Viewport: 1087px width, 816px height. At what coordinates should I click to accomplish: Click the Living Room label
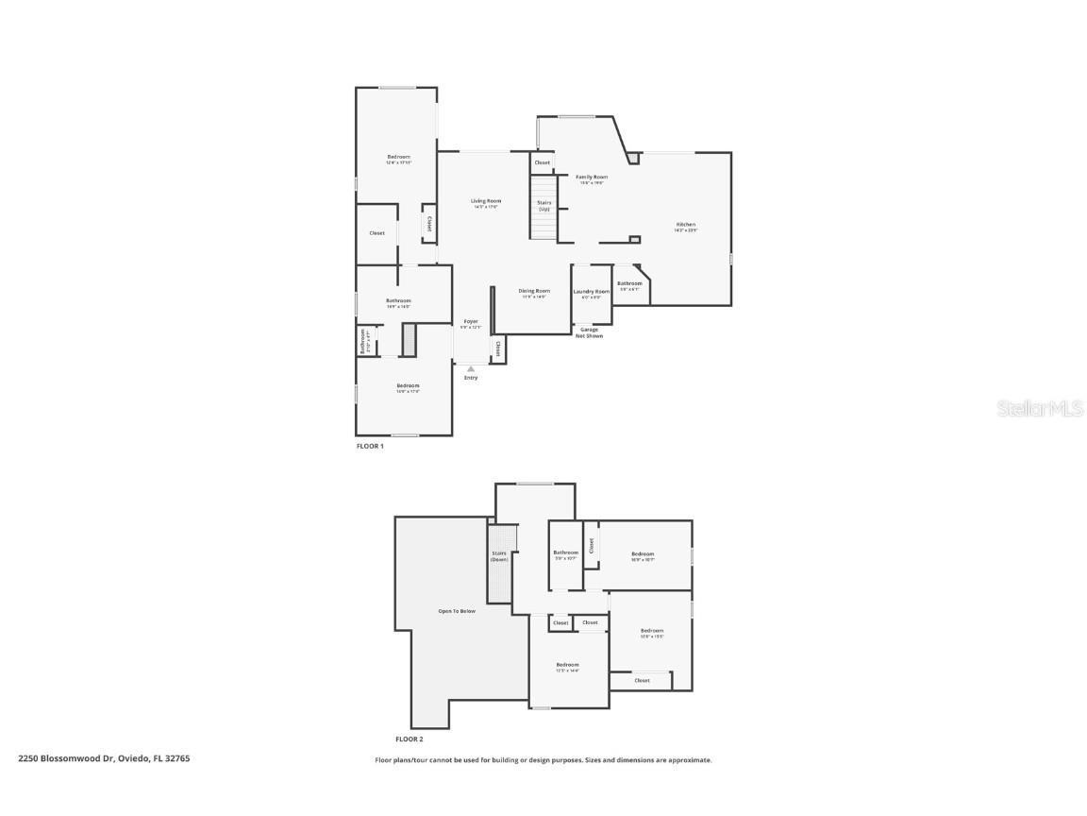(x=486, y=202)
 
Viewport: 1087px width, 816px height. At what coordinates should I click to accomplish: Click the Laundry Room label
(x=592, y=293)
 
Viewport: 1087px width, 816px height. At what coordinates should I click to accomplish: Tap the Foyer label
(x=470, y=323)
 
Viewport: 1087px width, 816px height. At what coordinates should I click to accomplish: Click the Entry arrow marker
(x=471, y=368)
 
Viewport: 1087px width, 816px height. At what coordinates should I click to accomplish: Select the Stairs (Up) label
(x=544, y=205)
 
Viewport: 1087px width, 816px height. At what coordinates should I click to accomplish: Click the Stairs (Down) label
(x=499, y=556)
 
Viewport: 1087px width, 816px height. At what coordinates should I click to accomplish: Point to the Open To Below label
(x=457, y=611)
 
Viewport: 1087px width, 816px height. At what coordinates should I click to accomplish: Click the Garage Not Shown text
(x=590, y=332)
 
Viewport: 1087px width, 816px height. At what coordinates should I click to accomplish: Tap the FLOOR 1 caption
(x=370, y=446)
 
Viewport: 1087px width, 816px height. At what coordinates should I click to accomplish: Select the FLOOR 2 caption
(x=410, y=739)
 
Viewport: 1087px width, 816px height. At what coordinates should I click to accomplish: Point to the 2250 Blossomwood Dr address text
(x=104, y=757)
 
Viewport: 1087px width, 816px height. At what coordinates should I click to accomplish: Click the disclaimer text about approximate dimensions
(x=543, y=759)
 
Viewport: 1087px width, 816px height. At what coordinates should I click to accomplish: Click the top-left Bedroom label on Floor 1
(x=398, y=159)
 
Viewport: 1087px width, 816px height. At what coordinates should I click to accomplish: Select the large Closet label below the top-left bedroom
(x=376, y=233)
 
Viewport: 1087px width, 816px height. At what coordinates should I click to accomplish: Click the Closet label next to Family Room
(x=542, y=162)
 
